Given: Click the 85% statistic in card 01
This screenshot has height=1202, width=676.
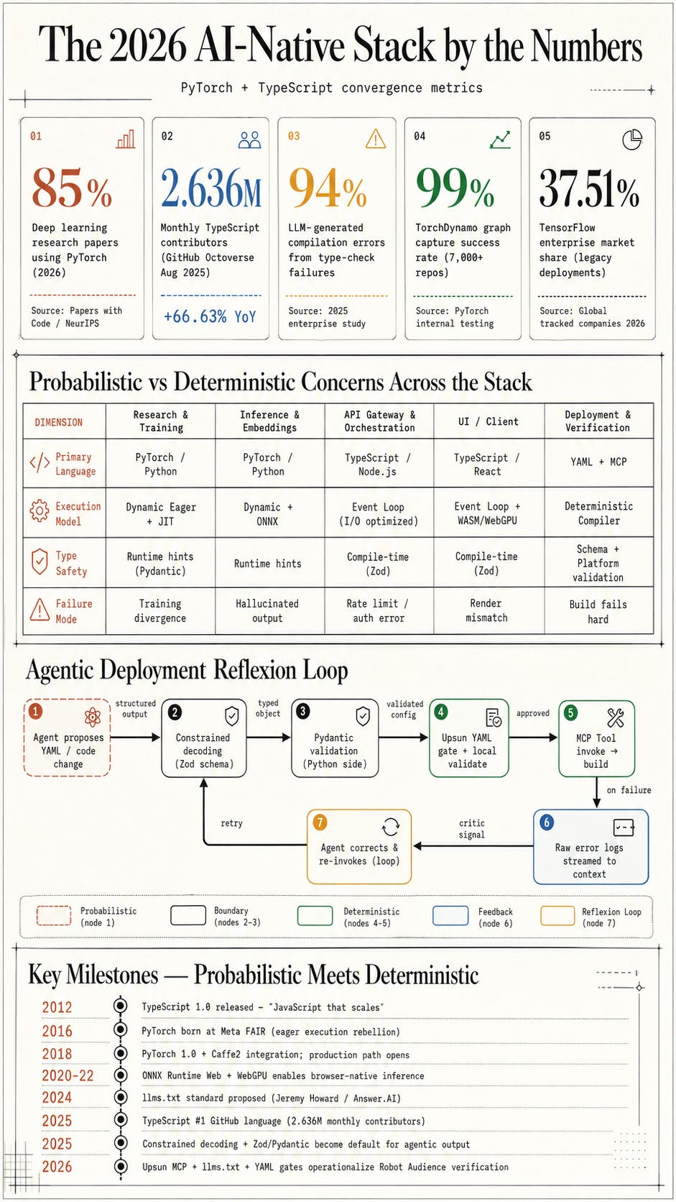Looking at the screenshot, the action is pyautogui.click(x=72, y=188).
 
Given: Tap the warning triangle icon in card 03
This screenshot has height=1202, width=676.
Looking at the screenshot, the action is pyautogui.click(x=375, y=139).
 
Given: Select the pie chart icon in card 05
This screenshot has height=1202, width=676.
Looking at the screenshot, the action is pyautogui.click(x=632, y=139).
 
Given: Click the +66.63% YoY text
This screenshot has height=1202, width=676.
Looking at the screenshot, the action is pyautogui.click(x=210, y=316).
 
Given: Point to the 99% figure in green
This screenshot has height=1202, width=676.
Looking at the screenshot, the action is pyautogui.click(x=455, y=188).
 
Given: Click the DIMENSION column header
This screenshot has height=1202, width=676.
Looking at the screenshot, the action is pyautogui.click(x=58, y=422).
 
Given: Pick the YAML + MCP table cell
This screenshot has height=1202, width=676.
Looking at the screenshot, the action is pyautogui.click(x=598, y=462).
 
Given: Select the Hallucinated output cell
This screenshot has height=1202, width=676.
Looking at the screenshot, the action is pyautogui.click(x=267, y=610).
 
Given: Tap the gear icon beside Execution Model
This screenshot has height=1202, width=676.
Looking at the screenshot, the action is pyautogui.click(x=39, y=511).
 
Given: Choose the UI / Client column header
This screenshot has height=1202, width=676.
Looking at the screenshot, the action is pyautogui.click(x=488, y=422).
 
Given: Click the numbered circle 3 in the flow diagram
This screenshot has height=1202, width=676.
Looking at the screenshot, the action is pyautogui.click(x=303, y=712).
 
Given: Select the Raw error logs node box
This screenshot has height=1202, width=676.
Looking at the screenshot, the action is pyautogui.click(x=591, y=847).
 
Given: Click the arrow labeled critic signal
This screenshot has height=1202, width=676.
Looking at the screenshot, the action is pyautogui.click(x=473, y=846).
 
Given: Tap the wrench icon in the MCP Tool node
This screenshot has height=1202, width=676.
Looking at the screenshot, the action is pyautogui.click(x=616, y=717).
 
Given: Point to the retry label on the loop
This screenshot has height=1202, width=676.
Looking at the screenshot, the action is pyautogui.click(x=231, y=823).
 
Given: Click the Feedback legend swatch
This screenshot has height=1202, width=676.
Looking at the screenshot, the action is pyautogui.click(x=450, y=915).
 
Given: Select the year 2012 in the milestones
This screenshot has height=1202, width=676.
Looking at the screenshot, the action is pyautogui.click(x=57, y=1007).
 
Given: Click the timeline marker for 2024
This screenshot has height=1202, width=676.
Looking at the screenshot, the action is pyautogui.click(x=121, y=1098).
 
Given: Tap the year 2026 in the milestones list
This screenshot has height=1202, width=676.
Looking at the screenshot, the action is pyautogui.click(x=57, y=1167).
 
